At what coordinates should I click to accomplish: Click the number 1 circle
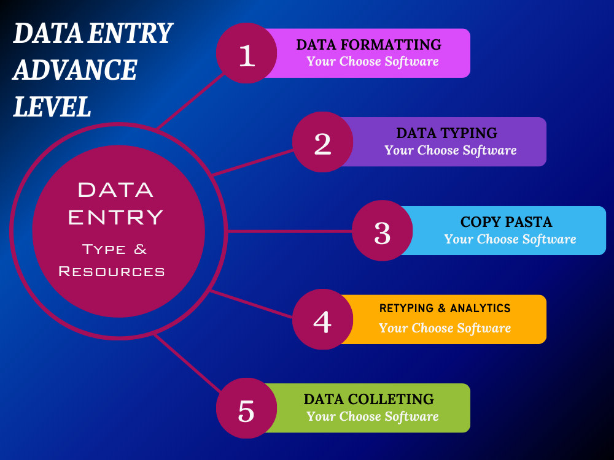click(x=246, y=53)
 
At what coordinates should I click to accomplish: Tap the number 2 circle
click(x=322, y=142)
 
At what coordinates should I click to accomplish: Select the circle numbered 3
click(x=382, y=231)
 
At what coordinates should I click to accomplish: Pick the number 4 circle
click(x=322, y=319)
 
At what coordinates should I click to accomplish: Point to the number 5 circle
click(x=246, y=408)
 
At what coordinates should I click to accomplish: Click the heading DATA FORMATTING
click(x=368, y=45)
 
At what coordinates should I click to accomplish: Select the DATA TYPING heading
click(x=446, y=133)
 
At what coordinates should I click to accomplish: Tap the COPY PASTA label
click(x=507, y=222)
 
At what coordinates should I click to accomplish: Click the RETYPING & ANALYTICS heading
click(x=445, y=309)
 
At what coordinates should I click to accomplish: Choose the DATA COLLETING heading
click(x=368, y=399)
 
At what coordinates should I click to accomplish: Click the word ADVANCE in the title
click(x=75, y=70)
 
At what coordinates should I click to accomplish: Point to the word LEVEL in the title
click(x=52, y=106)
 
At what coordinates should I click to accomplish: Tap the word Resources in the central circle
click(x=112, y=271)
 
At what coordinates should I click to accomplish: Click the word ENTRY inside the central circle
click(x=115, y=217)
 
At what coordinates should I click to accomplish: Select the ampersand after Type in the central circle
click(x=140, y=249)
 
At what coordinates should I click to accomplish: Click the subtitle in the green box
click(x=373, y=416)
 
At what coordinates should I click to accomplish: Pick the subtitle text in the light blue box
click(x=510, y=239)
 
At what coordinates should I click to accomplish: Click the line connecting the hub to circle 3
click(x=290, y=231)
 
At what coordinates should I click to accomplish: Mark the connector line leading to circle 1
click(x=191, y=101)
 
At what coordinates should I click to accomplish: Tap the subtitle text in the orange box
click(x=445, y=328)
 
